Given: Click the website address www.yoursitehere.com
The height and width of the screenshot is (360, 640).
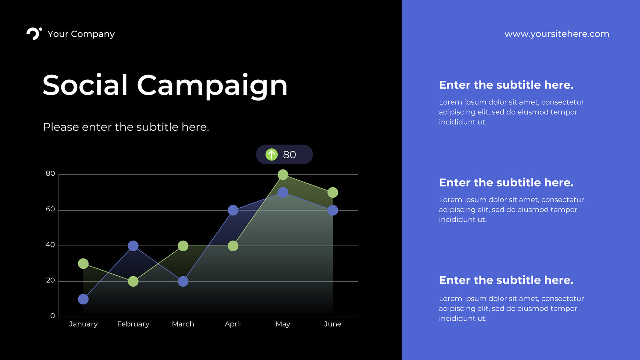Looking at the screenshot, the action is pyautogui.click(x=557, y=34).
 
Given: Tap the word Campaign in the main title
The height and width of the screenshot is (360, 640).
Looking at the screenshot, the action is pyautogui.click(x=212, y=86).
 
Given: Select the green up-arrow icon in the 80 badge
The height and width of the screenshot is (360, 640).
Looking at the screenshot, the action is pyautogui.click(x=271, y=154).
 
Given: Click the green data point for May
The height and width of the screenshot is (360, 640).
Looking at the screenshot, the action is pyautogui.click(x=283, y=175).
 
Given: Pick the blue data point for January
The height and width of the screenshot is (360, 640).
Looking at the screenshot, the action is pyautogui.click(x=83, y=299).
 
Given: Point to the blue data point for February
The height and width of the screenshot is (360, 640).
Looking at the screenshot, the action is pyautogui.click(x=133, y=246).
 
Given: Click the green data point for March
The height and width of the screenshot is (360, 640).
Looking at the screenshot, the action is pyautogui.click(x=183, y=246).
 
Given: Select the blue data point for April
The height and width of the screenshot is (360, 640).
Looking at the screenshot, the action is pyautogui.click(x=233, y=210).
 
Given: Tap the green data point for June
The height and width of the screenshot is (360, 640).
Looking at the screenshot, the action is pyautogui.click(x=333, y=192).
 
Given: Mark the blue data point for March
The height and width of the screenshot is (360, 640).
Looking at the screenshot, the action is pyautogui.click(x=183, y=281).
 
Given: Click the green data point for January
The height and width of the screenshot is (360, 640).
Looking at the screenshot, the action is pyautogui.click(x=83, y=264).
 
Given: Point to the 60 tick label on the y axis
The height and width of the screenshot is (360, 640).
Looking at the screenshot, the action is pyautogui.click(x=50, y=209).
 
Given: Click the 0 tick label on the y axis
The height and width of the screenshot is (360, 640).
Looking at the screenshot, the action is pyautogui.click(x=53, y=316).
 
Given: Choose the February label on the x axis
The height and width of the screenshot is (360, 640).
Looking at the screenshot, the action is pyautogui.click(x=133, y=324).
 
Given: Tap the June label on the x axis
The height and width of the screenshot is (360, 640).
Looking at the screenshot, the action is pyautogui.click(x=333, y=324).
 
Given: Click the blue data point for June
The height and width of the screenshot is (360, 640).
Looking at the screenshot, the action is pyautogui.click(x=333, y=210).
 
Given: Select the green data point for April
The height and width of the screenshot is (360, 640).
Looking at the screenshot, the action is pyautogui.click(x=233, y=246).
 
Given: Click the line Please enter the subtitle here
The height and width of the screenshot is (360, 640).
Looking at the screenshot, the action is pyautogui.click(x=126, y=127).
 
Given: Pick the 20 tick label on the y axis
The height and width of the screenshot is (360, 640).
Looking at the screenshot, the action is pyautogui.click(x=50, y=280).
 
